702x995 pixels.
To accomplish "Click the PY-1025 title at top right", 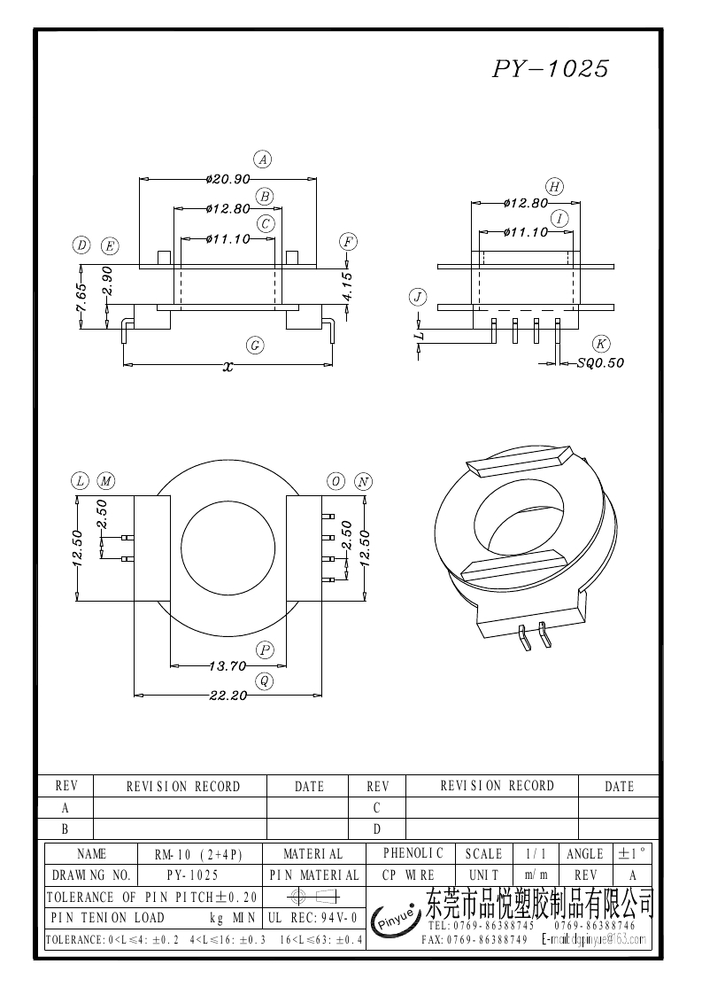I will point(550,69).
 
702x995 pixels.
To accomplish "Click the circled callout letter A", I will point(262,159).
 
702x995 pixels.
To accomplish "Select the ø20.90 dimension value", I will point(228,179).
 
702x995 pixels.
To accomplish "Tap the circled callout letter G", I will point(255,346).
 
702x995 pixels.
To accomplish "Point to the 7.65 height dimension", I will point(81,297).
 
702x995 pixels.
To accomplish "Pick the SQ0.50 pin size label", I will point(600,362).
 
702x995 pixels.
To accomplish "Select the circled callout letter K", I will point(601,344).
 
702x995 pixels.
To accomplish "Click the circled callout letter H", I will point(554,186).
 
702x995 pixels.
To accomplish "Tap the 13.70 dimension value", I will point(228,665).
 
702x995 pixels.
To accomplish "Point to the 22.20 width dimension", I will point(228,696).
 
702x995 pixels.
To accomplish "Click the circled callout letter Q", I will point(264,680).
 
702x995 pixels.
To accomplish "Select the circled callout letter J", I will point(418,297).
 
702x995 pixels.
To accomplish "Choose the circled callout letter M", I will point(106,481).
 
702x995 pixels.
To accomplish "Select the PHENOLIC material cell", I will point(413,853).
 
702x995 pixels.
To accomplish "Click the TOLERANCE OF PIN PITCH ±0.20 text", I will point(151,897).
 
